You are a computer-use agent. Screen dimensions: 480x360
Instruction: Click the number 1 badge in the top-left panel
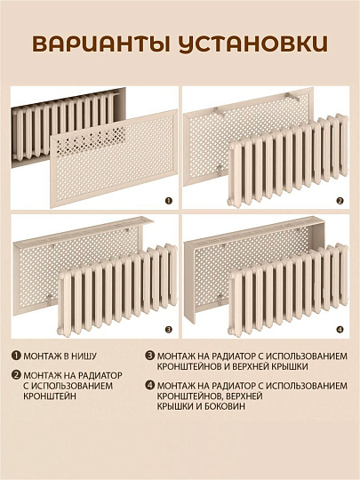168,201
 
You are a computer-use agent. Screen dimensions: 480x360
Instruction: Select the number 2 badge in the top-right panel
339,201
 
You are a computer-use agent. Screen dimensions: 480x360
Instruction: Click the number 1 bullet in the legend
16,354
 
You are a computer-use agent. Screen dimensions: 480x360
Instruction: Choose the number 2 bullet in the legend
16,374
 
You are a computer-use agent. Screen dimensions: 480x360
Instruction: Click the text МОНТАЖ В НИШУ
64,354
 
